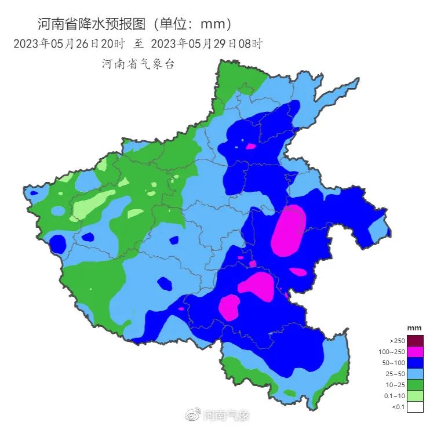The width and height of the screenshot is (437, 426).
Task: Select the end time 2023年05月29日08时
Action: pos(207,43)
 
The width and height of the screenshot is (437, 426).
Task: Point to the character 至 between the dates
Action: pos(139,43)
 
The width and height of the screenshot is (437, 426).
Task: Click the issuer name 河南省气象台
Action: pos(138,64)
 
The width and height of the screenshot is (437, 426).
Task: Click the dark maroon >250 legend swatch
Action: pos(415,341)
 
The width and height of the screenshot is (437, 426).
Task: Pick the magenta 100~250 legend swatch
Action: pos(415,352)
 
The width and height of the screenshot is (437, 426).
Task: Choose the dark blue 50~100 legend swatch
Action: pos(415,363)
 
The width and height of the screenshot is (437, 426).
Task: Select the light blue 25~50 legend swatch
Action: pos(415,374)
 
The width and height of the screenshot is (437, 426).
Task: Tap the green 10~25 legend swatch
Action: pos(415,385)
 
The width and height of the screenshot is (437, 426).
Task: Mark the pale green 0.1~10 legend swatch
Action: pos(415,396)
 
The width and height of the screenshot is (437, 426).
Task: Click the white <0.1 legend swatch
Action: pos(415,407)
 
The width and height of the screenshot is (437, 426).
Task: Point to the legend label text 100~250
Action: pos(392,352)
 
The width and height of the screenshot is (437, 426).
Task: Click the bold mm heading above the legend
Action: pos(414,328)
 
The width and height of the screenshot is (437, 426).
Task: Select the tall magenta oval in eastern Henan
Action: pos(289,230)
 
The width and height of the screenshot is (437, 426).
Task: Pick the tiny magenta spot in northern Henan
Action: pos(250,146)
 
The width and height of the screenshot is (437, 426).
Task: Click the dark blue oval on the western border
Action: pos(57,244)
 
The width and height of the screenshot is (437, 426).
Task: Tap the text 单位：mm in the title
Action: pos(197,24)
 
